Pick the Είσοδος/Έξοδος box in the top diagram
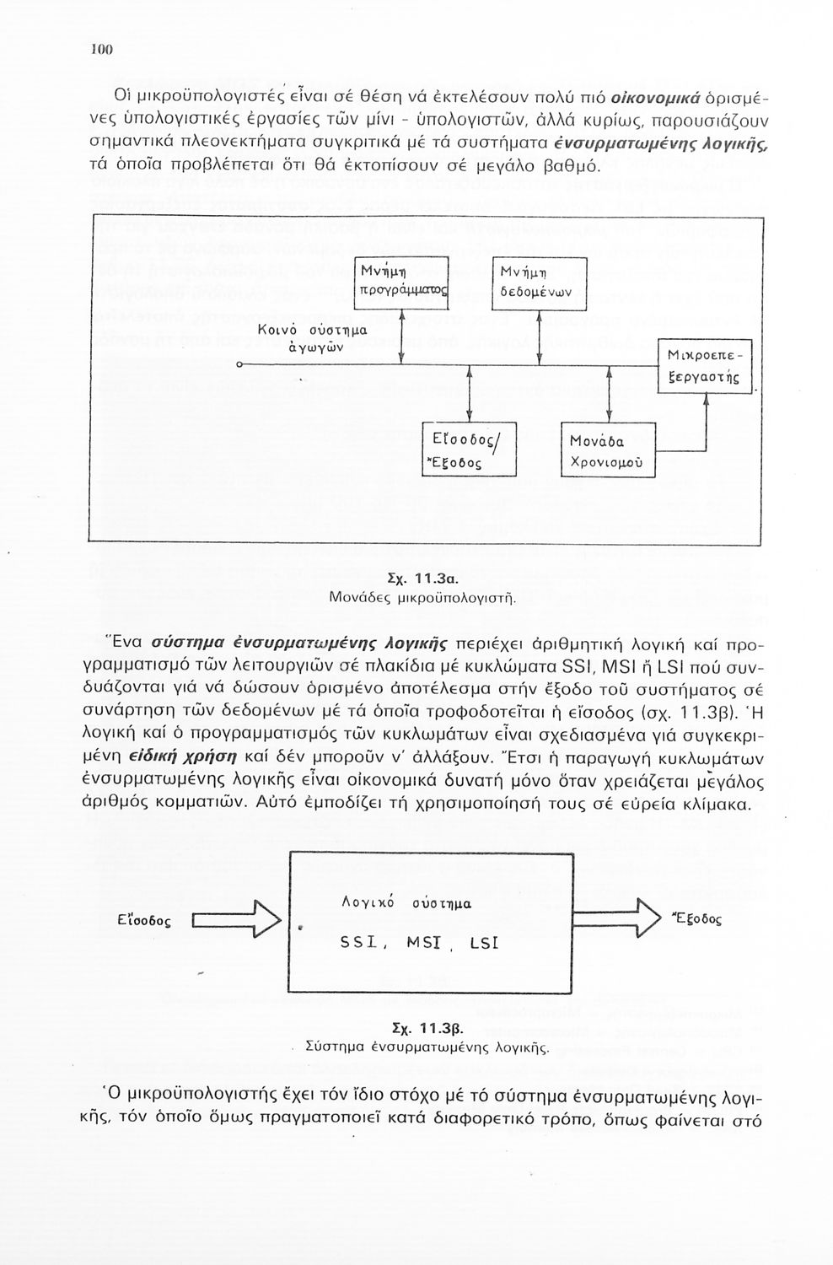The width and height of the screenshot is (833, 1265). click(468, 450)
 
